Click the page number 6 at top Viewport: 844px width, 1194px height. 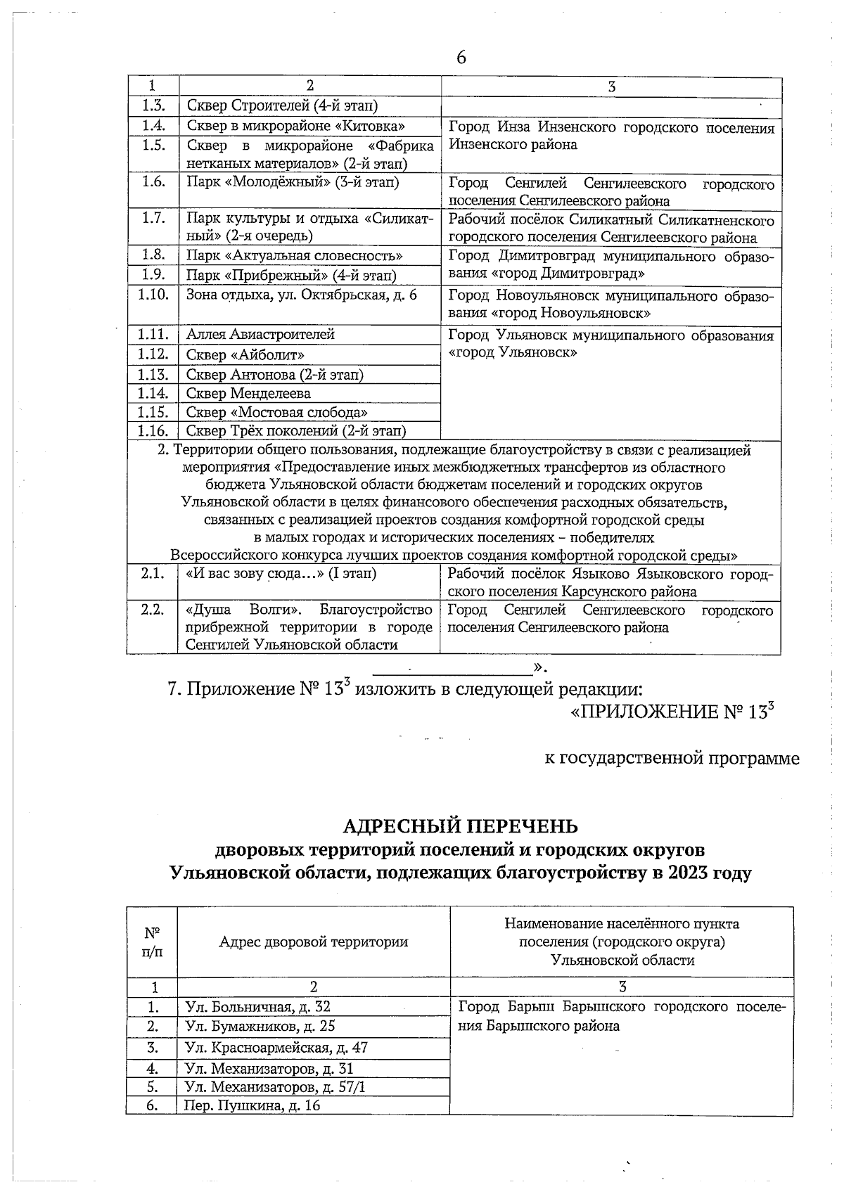tap(461, 58)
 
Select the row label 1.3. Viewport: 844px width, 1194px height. tap(153, 105)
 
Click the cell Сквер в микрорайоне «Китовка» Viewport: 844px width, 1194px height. tap(295, 126)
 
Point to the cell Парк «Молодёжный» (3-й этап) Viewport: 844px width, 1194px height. tap(293, 182)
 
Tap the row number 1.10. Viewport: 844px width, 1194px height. tap(153, 295)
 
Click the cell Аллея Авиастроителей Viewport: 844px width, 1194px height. tap(260, 335)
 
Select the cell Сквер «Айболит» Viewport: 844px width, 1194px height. tap(245, 355)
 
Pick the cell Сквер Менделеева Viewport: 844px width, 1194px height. tap(248, 393)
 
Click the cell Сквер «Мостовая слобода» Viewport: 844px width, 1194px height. tap(277, 412)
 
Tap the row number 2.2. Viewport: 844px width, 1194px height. tap(153, 610)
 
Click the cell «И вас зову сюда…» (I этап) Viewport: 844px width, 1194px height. tap(281, 574)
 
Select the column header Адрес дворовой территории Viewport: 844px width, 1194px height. tap(313, 942)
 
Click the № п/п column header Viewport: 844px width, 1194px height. tap(152, 942)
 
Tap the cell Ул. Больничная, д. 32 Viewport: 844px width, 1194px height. tap(257, 1007)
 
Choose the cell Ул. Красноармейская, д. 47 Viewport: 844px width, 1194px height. tap(276, 1047)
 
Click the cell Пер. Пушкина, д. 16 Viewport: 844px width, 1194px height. tap(252, 1105)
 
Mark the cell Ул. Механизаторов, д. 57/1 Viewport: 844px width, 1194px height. tap(274, 1087)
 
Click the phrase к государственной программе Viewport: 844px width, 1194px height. tap(672, 759)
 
